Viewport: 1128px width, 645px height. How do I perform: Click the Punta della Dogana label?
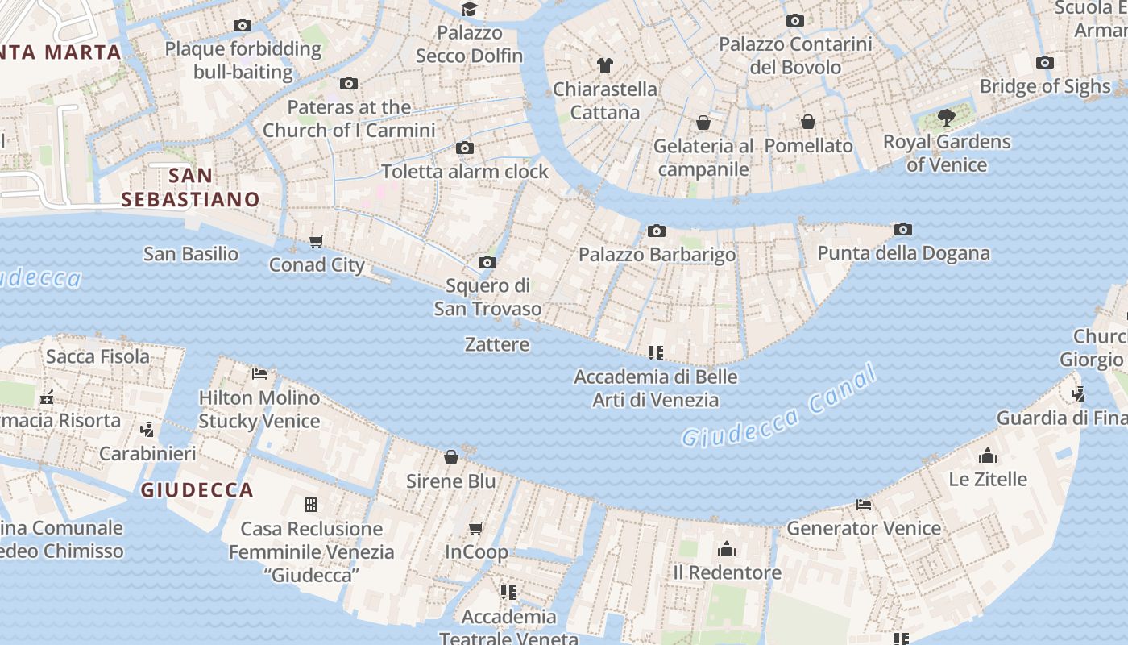coord(903,253)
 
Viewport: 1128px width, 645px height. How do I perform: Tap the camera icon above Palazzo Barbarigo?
coord(657,231)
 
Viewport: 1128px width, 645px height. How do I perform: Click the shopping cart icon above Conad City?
coord(317,242)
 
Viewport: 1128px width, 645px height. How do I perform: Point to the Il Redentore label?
coord(727,572)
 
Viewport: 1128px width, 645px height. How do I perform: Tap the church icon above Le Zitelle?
coord(988,456)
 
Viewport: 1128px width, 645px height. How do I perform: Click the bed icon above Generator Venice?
coord(864,506)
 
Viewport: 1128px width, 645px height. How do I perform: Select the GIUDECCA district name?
coord(197,490)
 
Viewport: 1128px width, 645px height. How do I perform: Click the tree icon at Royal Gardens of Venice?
coord(947,119)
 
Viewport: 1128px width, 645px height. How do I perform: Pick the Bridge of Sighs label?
coord(1045,86)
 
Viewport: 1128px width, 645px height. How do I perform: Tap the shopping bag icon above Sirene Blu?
coord(451,458)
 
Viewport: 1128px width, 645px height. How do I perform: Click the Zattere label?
coord(497,345)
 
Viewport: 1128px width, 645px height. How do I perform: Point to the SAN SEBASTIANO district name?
coord(191,188)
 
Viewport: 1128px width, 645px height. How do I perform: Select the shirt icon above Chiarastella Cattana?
coord(605,65)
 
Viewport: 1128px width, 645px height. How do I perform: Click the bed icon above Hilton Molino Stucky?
coord(259,374)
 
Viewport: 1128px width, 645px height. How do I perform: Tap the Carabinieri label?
coord(147,454)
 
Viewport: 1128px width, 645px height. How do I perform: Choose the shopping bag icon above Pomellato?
coord(808,122)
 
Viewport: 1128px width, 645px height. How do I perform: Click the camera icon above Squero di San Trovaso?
coord(487,263)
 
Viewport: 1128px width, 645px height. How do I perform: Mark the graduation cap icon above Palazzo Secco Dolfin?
coord(469,10)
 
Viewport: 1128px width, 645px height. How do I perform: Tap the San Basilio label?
coord(191,254)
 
